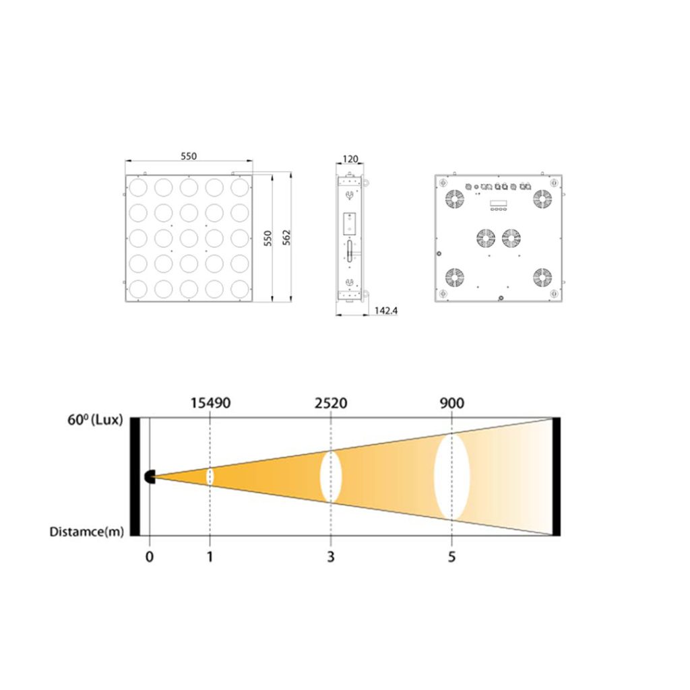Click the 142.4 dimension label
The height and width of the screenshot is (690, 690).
coord(386,311)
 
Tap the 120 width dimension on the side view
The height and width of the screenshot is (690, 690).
coord(350,158)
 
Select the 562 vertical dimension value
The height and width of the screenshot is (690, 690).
coord(286,238)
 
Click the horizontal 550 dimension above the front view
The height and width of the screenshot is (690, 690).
coord(189,156)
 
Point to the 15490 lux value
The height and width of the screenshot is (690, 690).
coord(210,403)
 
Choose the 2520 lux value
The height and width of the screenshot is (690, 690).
coord(331,403)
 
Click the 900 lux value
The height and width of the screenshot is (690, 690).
coord(452,403)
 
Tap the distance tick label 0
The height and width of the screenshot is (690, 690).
coord(150,557)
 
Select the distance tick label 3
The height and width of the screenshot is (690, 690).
coord(331,557)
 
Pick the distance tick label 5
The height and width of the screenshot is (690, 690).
coord(452,557)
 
